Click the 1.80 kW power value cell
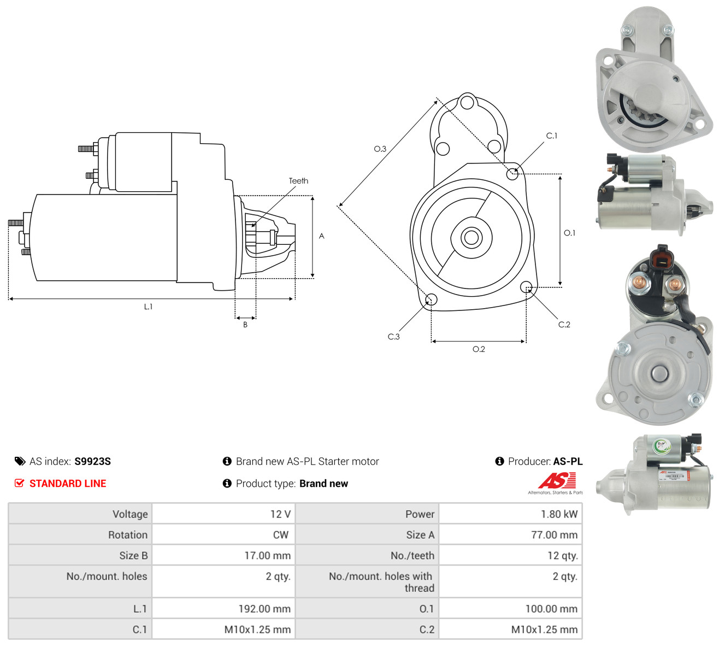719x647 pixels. pyautogui.click(x=510, y=514)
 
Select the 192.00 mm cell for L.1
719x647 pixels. pyautogui.click(x=223, y=608)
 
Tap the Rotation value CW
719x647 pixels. pyautogui.click(x=223, y=534)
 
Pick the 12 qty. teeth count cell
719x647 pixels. pyautogui.click(x=510, y=555)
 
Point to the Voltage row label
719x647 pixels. pyautogui.click(x=129, y=514)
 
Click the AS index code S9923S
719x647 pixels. pyautogui.click(x=92, y=461)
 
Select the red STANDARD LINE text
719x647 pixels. pyautogui.click(x=68, y=483)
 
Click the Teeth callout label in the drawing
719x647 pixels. pyautogui.click(x=298, y=181)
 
